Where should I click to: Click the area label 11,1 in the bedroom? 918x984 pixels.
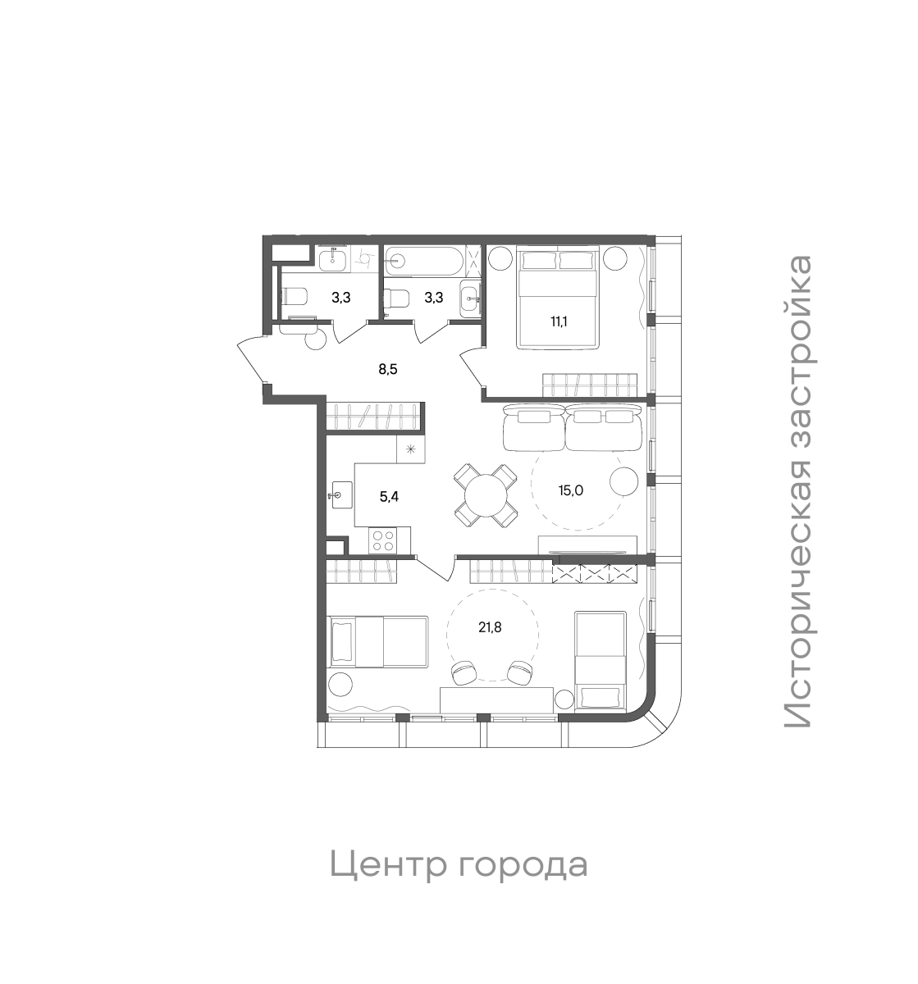click(559, 321)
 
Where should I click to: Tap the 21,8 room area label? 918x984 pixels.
click(491, 628)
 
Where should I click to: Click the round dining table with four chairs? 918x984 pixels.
click(486, 494)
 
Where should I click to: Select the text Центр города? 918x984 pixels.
click(459, 864)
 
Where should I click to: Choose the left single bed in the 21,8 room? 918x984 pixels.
click(378, 641)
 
